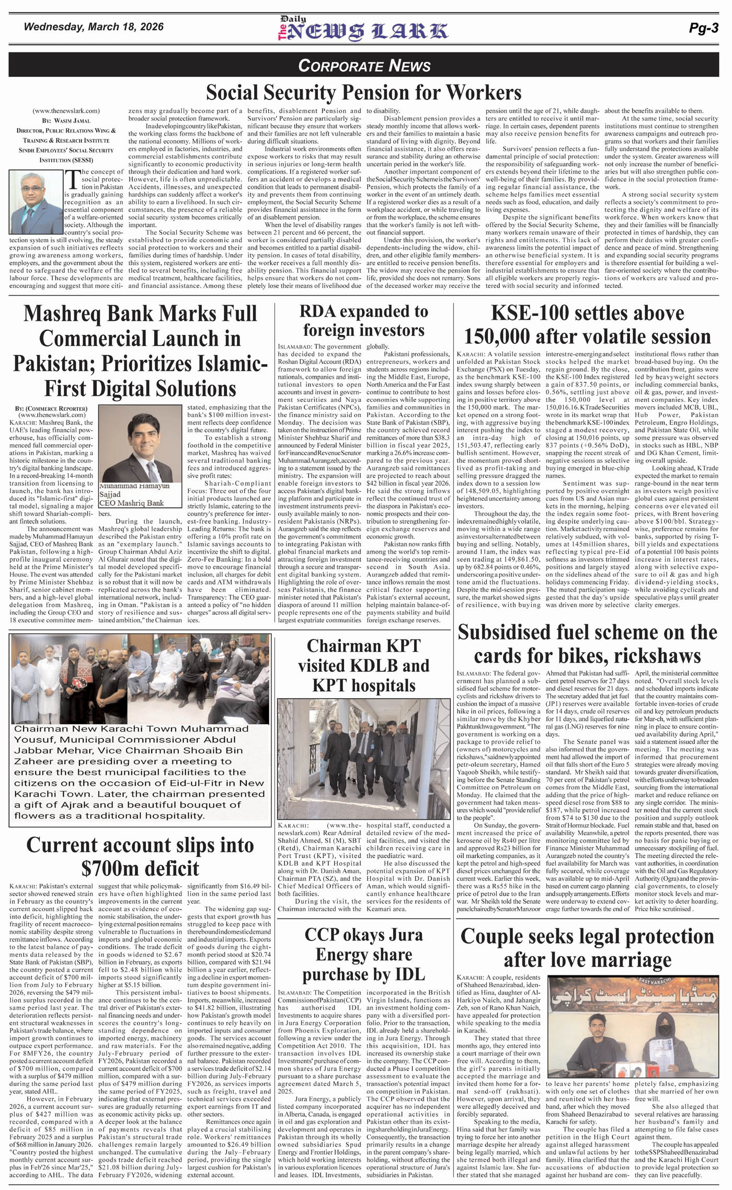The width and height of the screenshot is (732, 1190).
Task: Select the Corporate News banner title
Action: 364,65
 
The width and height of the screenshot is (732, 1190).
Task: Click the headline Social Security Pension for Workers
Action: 364,93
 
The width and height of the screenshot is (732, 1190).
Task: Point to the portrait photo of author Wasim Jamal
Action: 36,203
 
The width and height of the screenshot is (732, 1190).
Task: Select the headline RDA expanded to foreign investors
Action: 364,321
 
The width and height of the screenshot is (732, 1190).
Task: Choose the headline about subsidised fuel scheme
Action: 587,644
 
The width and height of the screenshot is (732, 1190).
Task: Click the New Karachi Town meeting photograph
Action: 141,678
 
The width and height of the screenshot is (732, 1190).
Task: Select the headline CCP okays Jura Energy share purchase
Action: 363,954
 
